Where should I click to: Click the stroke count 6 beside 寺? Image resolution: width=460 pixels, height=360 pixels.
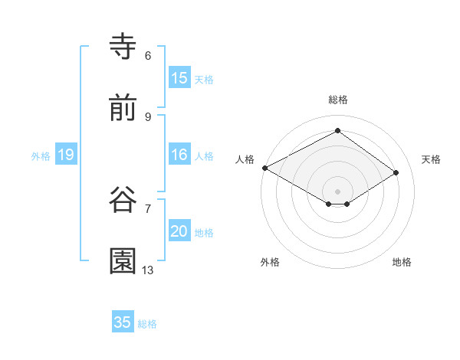tap(148, 55)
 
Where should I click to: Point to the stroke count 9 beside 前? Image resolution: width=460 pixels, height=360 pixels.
tap(148, 116)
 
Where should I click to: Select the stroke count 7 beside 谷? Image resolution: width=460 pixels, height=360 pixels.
tap(148, 208)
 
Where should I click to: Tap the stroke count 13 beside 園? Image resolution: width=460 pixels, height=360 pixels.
tap(148, 270)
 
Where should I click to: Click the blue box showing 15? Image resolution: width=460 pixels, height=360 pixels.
tap(179, 78)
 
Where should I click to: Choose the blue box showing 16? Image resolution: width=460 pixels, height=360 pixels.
tap(179, 155)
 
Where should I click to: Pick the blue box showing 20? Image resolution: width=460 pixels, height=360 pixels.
tap(179, 231)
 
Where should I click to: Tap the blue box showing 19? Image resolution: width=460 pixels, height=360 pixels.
tap(66, 155)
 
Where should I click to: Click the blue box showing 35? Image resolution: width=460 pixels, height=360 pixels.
tap(123, 322)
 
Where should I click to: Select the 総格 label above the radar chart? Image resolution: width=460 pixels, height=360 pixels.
tap(338, 100)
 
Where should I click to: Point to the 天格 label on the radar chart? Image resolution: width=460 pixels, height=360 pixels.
tap(432, 159)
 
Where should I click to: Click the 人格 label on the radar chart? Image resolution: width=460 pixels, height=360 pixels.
tap(245, 159)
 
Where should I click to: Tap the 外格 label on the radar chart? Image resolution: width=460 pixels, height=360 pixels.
tap(270, 262)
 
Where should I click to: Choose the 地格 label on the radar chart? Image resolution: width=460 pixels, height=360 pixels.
tap(402, 262)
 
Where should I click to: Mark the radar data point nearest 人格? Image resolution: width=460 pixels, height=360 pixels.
tap(264, 167)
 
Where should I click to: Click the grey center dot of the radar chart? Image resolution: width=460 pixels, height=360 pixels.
tap(338, 191)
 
